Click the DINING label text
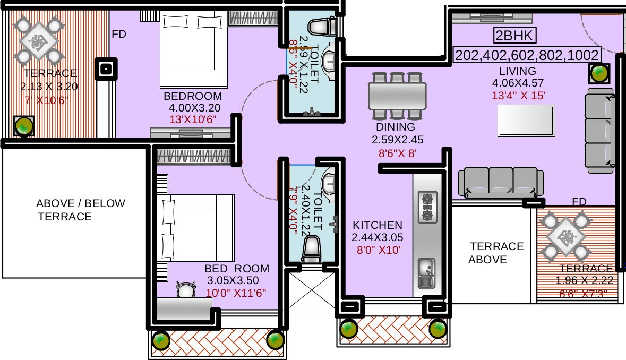(395, 127)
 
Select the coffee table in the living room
(526, 121)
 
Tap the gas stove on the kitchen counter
(428, 207)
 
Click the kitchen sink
(426, 272)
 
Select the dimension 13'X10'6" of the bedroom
(192, 119)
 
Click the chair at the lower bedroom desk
(185, 289)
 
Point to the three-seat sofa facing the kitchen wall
(501, 183)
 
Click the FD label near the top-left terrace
(119, 35)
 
